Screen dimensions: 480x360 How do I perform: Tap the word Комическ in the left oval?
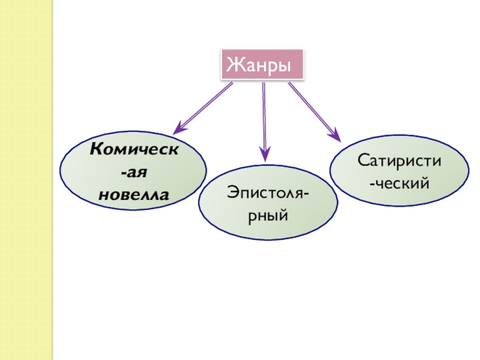coord(133,149)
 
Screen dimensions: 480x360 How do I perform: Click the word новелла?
coord(134,194)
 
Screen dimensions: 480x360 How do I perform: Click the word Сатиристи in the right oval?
coord(400,160)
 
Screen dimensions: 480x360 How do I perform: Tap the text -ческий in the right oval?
coord(400,182)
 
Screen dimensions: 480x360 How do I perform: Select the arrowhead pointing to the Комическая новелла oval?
coord(179,128)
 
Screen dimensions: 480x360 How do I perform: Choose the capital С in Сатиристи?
coord(363,160)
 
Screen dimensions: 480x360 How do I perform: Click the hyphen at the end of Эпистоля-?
coord(307,193)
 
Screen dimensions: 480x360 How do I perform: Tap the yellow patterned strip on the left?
coord(27,180)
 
